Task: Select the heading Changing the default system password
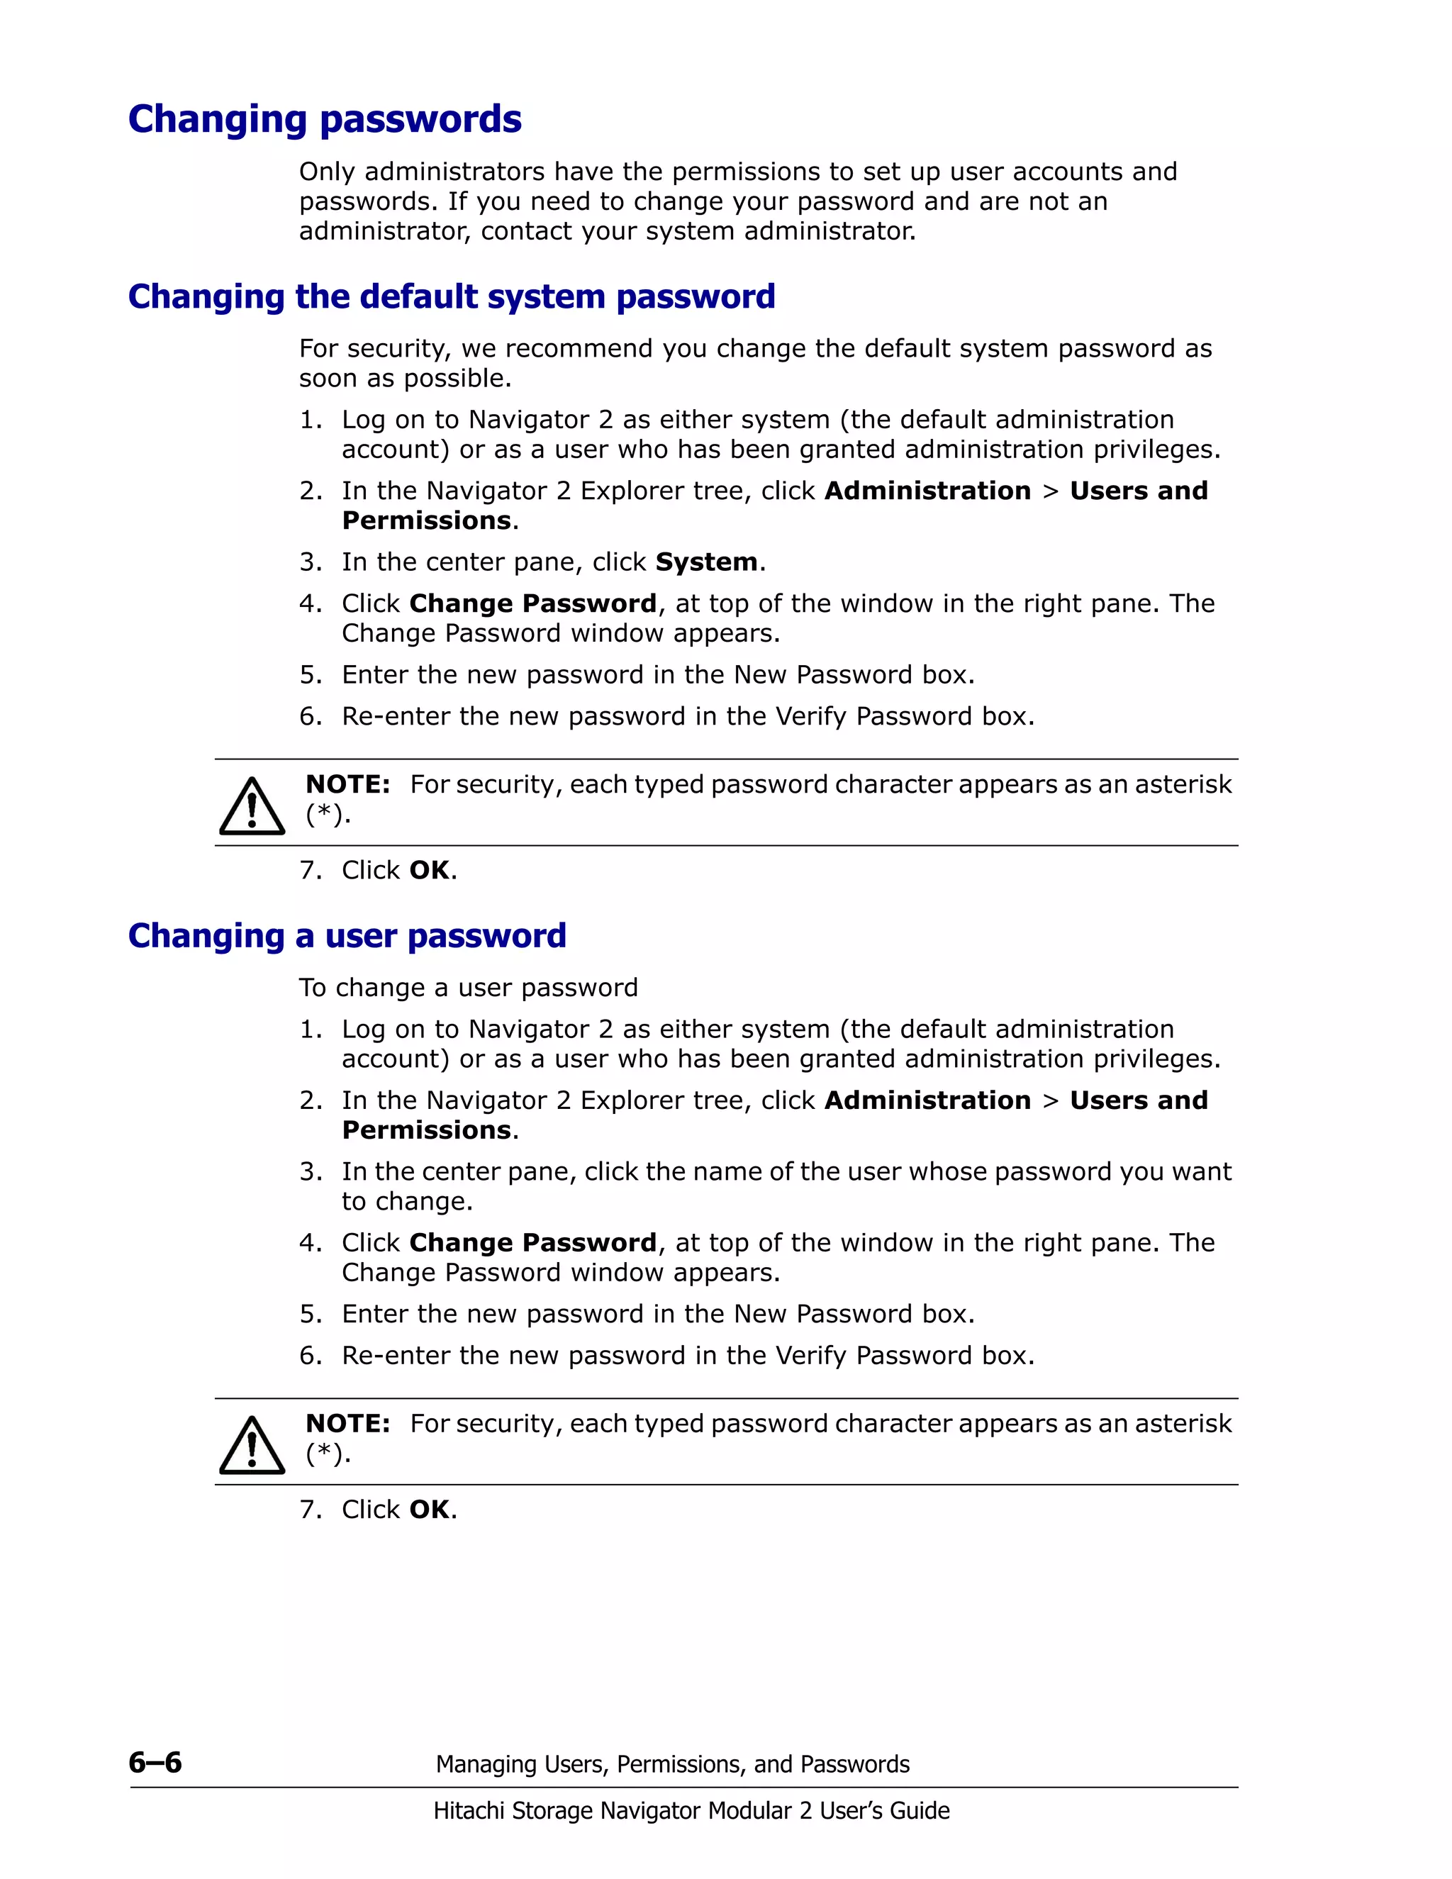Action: [452, 297]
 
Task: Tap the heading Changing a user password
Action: [347, 936]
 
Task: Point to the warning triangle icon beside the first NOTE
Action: [251, 807]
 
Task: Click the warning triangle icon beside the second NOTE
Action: [251, 1446]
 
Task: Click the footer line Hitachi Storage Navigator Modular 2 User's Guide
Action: [691, 1811]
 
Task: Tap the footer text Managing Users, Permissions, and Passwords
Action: [672, 1765]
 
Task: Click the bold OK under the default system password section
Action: [429, 871]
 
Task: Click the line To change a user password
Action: [468, 988]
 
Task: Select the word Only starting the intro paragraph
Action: [327, 172]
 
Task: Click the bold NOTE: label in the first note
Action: [347, 785]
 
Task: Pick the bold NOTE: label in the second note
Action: [347, 1424]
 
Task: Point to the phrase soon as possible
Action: [404, 379]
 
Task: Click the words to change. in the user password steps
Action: [407, 1202]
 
